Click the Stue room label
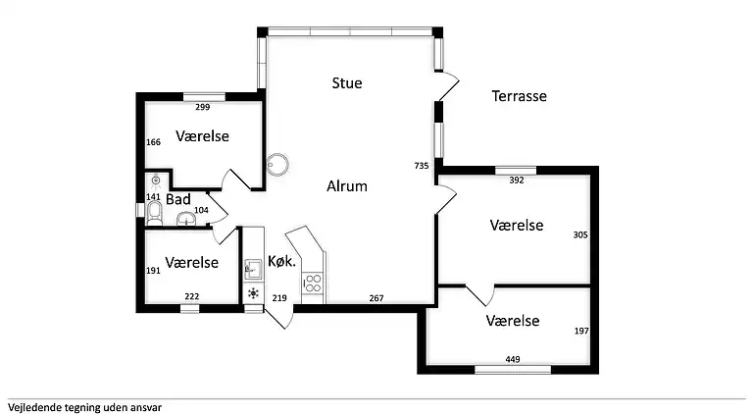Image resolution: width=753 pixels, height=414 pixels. pos(347,83)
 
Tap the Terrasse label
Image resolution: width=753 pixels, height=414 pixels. pos(519,96)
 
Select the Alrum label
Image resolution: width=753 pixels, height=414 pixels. pos(347,185)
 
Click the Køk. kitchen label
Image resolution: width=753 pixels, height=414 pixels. pos(281,262)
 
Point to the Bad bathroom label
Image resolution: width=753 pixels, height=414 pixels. pos(177,199)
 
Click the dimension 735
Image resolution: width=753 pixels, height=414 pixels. pos(423,166)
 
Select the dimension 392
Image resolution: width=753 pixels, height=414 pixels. pos(516,180)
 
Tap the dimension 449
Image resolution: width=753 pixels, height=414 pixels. pos(513,360)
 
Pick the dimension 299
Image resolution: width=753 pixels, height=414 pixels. pos(203,107)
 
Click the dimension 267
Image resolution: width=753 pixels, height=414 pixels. pos(376,298)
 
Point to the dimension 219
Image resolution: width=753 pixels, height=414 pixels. pos(279,298)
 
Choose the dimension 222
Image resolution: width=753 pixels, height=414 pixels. pos(191,297)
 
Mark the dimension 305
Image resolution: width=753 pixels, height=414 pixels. pos(580,234)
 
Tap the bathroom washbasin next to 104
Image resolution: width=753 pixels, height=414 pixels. pos(186,220)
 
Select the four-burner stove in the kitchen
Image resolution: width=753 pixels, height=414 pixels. pos(314,284)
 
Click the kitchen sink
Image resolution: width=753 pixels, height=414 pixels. pos(253,266)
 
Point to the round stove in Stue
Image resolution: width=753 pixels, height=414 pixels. pos(277,163)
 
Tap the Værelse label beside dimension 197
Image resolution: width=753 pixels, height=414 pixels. pos(513,321)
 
